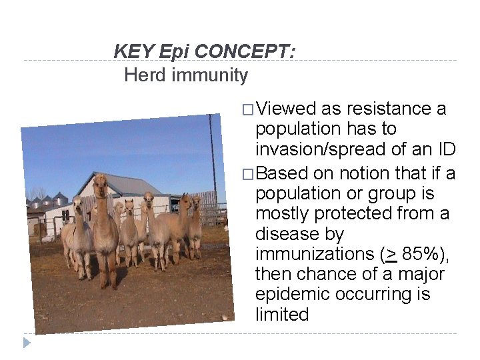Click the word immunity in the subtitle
tap(209, 75)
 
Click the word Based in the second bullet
tap(282, 173)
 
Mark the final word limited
tap(282, 314)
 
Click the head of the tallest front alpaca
tap(101, 182)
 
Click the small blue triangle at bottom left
tap(27, 343)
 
